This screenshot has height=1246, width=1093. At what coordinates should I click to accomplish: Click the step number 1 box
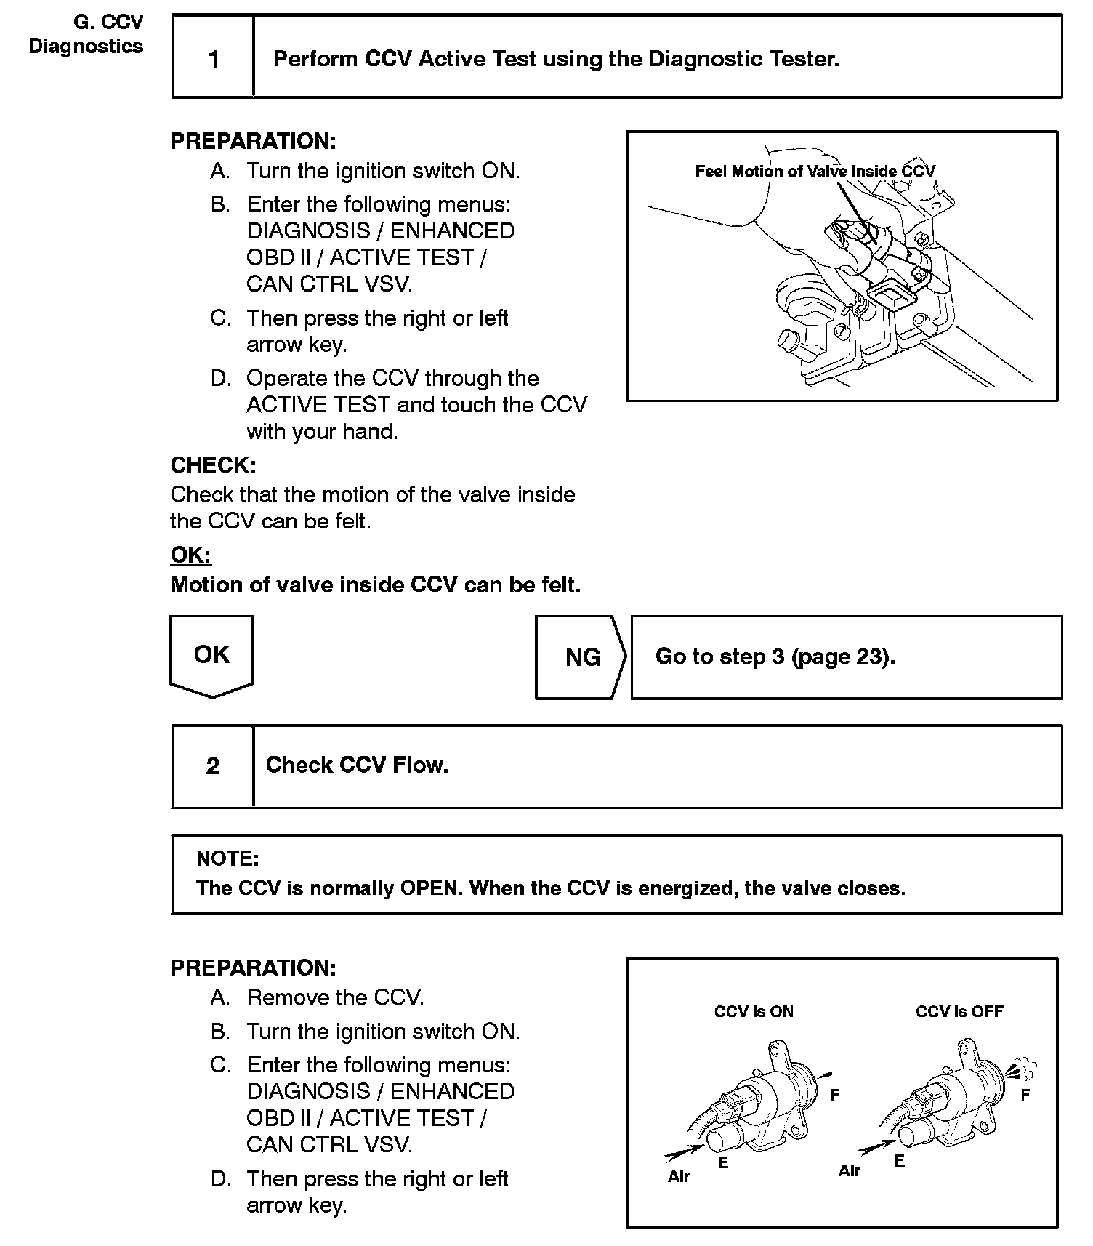point(213,58)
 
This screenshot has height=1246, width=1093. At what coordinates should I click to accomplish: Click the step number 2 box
point(212,766)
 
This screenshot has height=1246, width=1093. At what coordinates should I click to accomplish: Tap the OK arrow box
point(211,654)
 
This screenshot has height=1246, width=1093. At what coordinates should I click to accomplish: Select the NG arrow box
point(581,657)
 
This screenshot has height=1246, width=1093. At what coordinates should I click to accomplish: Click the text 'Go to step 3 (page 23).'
point(775,656)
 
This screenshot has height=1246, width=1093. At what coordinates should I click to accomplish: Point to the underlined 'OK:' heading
point(190,555)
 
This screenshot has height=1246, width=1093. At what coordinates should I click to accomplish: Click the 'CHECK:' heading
point(213,465)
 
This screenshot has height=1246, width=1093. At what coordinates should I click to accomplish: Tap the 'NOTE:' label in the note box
point(227,859)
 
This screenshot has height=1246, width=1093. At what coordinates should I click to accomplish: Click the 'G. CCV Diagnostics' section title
point(86,34)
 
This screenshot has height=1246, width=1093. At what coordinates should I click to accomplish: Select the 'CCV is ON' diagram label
point(754,1011)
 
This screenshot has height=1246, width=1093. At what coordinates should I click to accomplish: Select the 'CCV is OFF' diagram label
point(959,1011)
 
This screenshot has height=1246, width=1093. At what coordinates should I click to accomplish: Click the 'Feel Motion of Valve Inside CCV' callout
point(815,172)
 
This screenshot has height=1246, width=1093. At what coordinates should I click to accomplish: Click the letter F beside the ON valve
point(835,1095)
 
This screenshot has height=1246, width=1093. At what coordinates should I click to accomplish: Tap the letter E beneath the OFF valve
point(900,1161)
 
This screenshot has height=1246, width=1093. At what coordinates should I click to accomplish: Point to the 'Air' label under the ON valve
point(678,1177)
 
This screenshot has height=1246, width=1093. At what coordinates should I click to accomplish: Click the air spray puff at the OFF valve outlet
point(1023,1069)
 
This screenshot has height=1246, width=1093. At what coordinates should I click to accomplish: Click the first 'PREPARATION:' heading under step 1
point(253,141)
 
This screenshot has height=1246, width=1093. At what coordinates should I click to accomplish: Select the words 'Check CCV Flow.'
point(357,765)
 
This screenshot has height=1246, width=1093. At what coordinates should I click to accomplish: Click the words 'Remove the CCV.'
point(335,998)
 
